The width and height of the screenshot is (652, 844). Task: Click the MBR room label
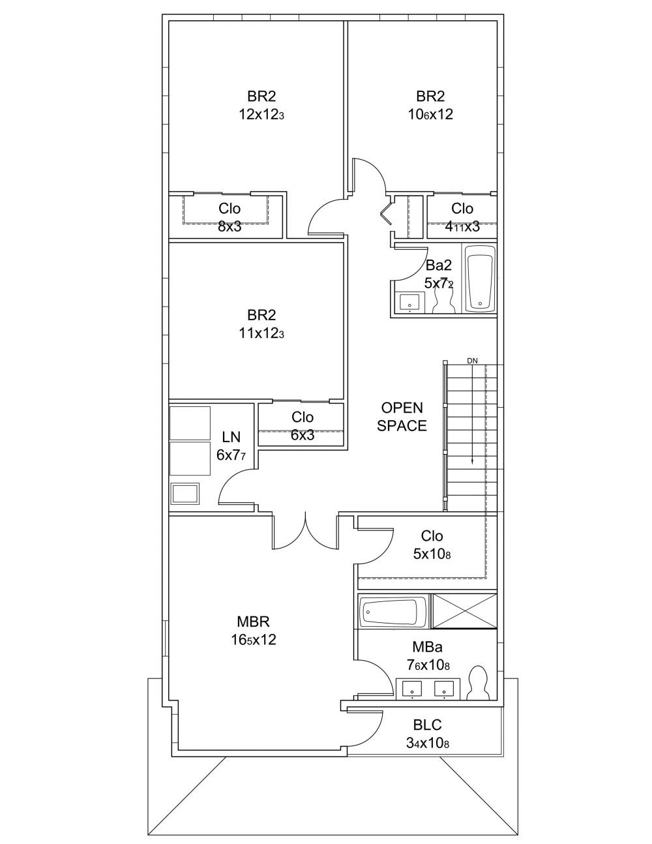(x=253, y=621)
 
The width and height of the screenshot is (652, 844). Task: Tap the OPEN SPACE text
(x=402, y=417)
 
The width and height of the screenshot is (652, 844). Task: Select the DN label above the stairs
(x=472, y=360)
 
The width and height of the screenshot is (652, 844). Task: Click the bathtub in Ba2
(x=480, y=278)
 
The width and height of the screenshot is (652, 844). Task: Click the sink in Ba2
(x=410, y=303)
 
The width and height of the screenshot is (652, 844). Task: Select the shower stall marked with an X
(x=464, y=611)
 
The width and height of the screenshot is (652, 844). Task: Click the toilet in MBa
(x=479, y=684)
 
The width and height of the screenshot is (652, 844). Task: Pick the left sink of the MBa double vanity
(x=412, y=688)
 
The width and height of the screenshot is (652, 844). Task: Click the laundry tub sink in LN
(x=185, y=494)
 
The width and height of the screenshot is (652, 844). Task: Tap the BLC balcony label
(x=428, y=725)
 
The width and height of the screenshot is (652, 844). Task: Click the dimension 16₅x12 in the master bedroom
(x=253, y=640)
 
